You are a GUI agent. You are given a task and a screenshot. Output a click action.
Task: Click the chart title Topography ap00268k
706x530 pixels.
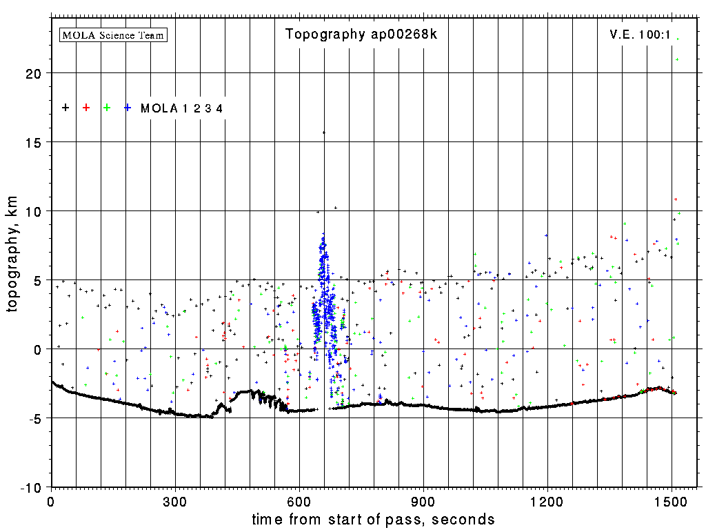[361, 35]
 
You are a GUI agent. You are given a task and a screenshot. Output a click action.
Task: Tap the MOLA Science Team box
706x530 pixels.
[114, 35]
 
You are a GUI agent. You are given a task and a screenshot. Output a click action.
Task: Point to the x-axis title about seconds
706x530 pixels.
[373, 520]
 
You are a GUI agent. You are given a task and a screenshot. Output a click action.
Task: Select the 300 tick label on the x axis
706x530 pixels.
[175, 500]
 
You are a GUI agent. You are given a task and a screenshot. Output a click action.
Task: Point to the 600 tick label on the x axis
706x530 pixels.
[299, 500]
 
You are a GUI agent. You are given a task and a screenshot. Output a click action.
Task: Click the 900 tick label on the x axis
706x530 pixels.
[423, 500]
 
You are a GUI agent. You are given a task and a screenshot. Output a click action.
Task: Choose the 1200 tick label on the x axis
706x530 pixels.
[547, 500]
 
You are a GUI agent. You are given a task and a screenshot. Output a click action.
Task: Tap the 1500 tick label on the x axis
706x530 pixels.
[672, 500]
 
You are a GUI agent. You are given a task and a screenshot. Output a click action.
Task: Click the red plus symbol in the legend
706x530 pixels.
[86, 108]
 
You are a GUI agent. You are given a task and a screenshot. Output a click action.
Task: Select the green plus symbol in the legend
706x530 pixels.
[107, 108]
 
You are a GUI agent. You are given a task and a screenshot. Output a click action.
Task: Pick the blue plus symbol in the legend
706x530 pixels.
[128, 108]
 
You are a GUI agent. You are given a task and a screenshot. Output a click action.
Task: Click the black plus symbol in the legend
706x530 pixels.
[65, 108]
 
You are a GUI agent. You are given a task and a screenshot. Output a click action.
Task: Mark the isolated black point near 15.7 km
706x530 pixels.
[323, 132]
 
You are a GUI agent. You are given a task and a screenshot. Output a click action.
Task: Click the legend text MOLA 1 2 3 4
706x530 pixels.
[181, 108]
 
